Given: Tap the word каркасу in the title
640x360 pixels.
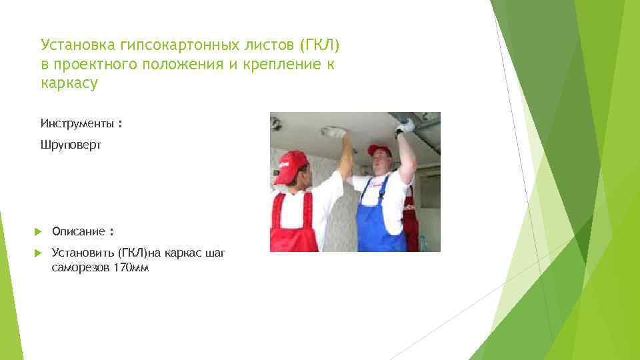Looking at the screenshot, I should (x=69, y=83).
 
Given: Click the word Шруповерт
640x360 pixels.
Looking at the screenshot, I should (x=71, y=145).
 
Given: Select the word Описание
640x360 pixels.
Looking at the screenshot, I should (x=78, y=231).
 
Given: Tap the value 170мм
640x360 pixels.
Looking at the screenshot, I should (x=133, y=268).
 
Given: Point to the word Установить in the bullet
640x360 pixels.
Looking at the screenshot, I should (x=83, y=253).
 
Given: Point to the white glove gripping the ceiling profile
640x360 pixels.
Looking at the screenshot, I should (x=405, y=125).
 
